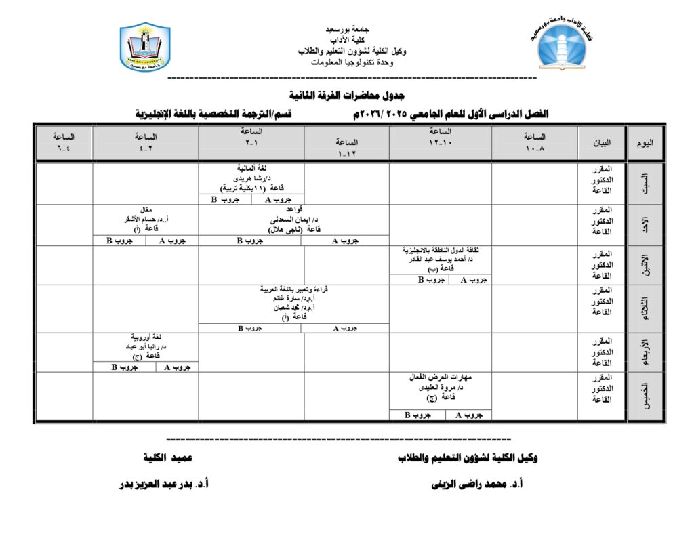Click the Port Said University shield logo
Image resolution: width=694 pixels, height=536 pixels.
144,47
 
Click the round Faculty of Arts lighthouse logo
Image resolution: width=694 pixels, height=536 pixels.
564,45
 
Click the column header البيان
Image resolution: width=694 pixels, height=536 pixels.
602,143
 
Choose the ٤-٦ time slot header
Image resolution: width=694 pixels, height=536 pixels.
64,141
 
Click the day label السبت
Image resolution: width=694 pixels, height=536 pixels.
646,184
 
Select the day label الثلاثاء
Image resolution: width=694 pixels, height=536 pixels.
646,308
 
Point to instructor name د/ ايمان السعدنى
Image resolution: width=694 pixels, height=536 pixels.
293,220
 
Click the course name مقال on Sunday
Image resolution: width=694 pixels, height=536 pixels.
146,209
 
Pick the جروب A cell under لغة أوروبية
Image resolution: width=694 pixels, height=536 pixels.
177,367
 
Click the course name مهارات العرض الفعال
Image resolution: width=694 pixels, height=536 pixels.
441,377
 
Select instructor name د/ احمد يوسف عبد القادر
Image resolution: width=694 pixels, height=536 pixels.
441,260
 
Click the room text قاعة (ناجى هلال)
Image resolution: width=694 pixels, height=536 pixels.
293,230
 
